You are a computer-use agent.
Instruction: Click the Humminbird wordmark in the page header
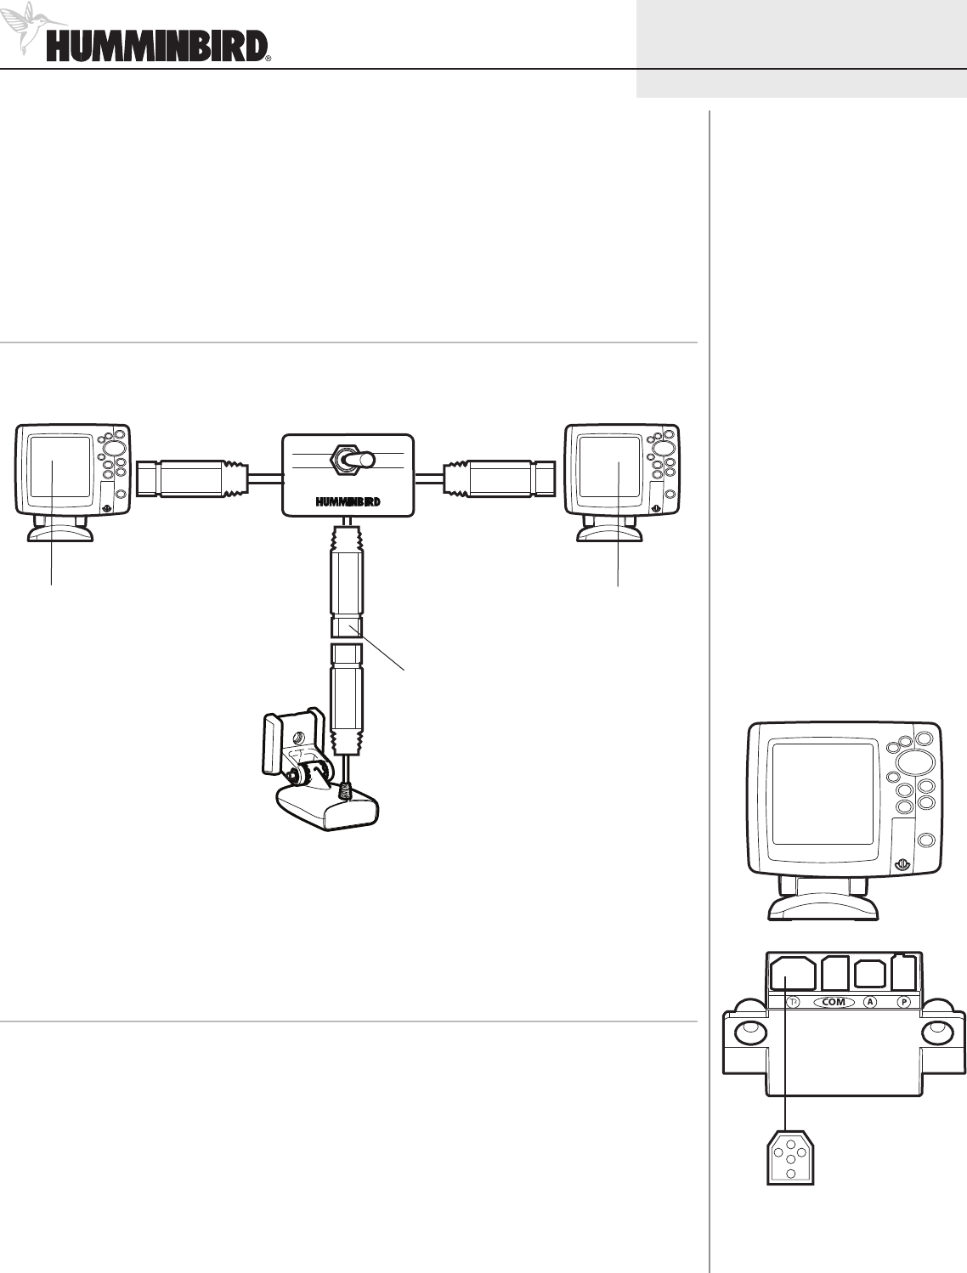coord(157,47)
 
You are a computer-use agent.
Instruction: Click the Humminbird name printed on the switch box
coord(348,502)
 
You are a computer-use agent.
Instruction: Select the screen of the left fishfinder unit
coord(60,467)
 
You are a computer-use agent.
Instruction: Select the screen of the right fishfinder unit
coord(609,467)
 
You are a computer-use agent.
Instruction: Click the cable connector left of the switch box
coord(194,478)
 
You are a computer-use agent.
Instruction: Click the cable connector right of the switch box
coord(499,478)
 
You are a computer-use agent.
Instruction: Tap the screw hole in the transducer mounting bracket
coord(300,738)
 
